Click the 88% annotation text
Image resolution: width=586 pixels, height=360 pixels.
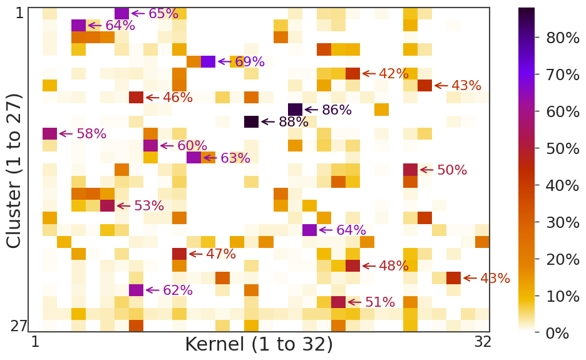click(x=294, y=122)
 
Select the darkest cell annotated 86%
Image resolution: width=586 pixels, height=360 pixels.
click(x=295, y=110)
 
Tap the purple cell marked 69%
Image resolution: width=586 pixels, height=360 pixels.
click(x=208, y=61)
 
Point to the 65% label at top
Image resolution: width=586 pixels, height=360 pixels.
click(x=163, y=14)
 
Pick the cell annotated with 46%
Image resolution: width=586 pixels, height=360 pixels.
click(x=136, y=97)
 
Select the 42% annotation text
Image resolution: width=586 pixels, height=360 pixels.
click(x=393, y=74)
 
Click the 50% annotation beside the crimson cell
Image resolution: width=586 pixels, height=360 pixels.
click(x=452, y=170)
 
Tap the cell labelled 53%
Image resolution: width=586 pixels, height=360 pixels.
click(x=108, y=205)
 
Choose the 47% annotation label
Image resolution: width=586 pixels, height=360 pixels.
click(x=221, y=254)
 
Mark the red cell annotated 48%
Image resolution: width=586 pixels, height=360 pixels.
click(x=352, y=265)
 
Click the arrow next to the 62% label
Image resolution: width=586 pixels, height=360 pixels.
click(x=153, y=290)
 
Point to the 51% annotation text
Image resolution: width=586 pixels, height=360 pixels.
click(x=380, y=302)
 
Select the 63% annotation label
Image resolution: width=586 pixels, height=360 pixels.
click(x=235, y=158)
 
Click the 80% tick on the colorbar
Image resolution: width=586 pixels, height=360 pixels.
click(x=563, y=38)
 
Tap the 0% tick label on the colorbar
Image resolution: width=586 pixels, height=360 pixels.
click(x=557, y=333)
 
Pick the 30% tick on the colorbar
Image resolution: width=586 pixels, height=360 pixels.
click(x=563, y=222)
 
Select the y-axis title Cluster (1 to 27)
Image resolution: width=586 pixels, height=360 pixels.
click(x=15, y=170)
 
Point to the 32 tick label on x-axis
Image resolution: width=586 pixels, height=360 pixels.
click(x=482, y=342)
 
